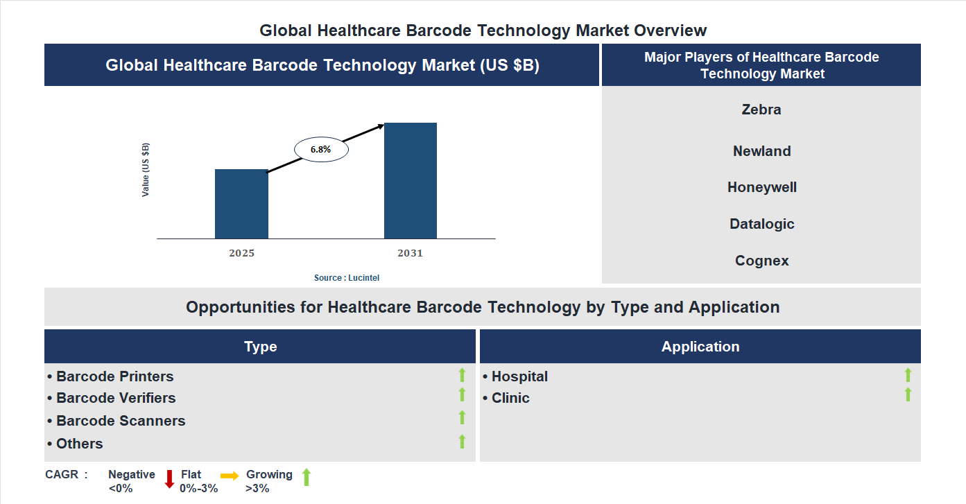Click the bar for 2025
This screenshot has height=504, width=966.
tap(241, 204)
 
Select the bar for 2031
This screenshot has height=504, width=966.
tap(411, 181)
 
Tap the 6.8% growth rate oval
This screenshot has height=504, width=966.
tap(321, 149)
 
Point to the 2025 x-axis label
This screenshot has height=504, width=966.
tap(241, 253)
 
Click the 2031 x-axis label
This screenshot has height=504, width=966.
tap(410, 253)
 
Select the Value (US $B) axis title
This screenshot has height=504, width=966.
tap(146, 170)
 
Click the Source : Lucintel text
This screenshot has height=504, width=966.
tap(347, 278)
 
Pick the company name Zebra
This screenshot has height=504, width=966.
tap(761, 110)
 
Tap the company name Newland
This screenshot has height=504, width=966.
tap(761, 151)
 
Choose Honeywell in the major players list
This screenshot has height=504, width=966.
tap(761, 187)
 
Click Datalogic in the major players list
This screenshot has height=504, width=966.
tap(761, 224)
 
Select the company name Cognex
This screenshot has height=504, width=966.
tap(761, 261)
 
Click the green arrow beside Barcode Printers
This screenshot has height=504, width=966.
tap(462, 375)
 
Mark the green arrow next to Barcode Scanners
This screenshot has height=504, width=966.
tap(462, 417)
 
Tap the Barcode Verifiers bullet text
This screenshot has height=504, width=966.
tap(115, 398)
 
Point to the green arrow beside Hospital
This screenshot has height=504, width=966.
tap(908, 375)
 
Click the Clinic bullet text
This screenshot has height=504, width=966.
tap(510, 398)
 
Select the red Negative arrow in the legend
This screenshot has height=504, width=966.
tap(169, 479)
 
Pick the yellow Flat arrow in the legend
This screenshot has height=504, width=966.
tap(230, 476)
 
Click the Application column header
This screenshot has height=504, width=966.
tap(700, 347)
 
